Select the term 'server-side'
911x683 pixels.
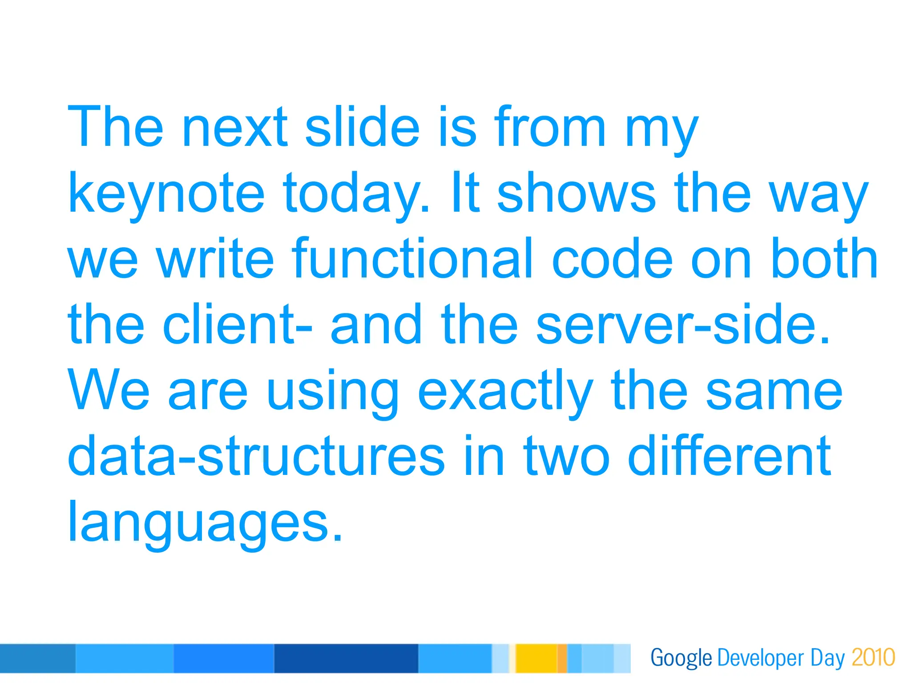point(683,325)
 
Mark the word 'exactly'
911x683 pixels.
point(505,391)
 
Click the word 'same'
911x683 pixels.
point(774,391)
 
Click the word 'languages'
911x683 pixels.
point(205,522)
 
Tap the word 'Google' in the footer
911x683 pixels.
point(681,658)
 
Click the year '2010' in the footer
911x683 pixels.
point(873,658)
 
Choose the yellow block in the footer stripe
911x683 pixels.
point(536,658)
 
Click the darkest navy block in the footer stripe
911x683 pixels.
point(346,658)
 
